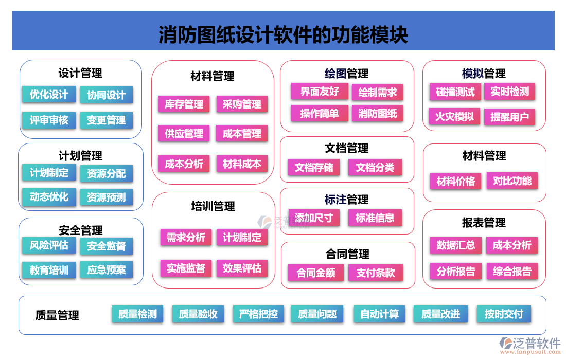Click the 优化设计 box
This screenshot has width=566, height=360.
49,95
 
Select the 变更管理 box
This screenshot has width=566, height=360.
106,120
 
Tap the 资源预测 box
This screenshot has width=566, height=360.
106,197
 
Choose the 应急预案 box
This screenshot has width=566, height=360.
106,270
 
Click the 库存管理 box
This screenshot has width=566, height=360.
184,104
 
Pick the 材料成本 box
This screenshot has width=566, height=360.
242,164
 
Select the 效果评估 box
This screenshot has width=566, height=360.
242,268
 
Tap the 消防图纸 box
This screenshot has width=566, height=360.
377,114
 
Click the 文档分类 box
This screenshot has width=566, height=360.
375,168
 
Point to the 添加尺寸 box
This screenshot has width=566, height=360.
314,218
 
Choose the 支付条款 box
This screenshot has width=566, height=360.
376,273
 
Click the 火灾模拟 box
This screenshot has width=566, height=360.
454,116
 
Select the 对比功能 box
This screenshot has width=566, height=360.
512,181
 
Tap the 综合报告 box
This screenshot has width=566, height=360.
512,271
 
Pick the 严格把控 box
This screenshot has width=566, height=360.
258,314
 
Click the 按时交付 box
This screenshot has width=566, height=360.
504,314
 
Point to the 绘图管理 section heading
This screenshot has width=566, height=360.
347,74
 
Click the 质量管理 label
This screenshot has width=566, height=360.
58,315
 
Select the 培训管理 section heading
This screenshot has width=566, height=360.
213,207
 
